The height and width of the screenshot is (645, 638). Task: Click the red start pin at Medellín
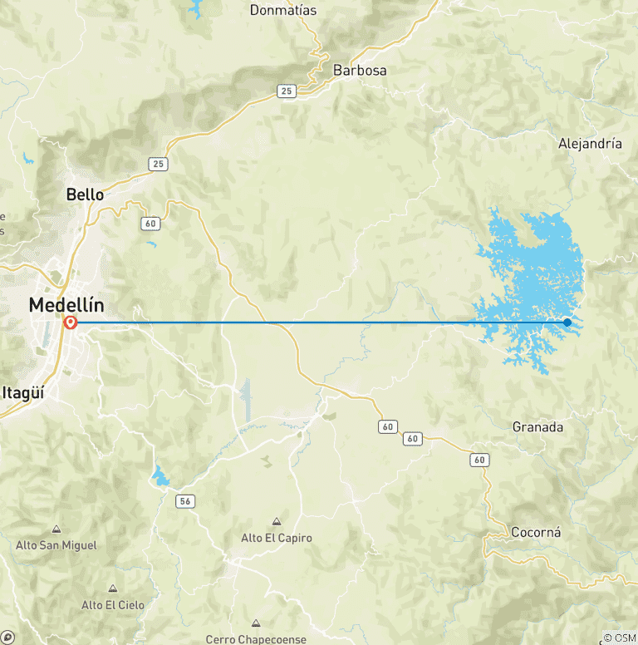point(70,321)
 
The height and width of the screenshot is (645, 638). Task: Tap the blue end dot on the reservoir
point(567,322)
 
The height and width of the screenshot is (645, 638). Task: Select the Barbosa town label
point(360,71)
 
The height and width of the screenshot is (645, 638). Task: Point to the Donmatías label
point(283,10)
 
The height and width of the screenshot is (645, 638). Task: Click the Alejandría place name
point(590,143)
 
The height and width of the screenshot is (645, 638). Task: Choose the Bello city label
point(86,194)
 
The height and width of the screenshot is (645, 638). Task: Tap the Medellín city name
point(66,304)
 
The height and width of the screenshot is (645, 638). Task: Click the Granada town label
point(537,427)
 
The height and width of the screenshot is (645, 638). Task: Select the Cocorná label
point(537,532)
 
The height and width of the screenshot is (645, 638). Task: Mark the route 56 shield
point(184,500)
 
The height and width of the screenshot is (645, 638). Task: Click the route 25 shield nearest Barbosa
point(287,91)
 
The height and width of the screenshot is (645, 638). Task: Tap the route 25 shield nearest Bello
point(158,164)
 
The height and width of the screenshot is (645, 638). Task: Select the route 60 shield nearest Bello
point(150,223)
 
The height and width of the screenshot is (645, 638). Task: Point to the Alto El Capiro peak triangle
point(277,521)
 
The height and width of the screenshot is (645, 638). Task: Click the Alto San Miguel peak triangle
point(56,529)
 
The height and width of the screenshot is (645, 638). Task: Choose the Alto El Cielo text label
point(112,605)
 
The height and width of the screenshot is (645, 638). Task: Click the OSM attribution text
point(620,638)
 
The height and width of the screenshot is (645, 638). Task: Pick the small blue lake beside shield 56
point(159,476)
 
